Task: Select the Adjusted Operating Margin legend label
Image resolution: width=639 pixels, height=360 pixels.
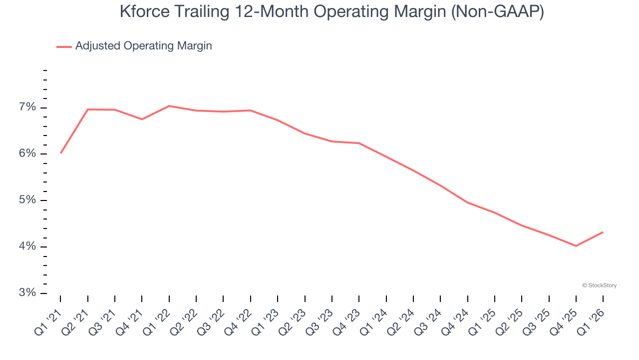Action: [143, 46]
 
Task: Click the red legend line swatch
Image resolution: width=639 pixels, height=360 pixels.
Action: [64, 46]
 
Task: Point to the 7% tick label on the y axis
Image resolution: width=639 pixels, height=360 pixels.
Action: [28, 107]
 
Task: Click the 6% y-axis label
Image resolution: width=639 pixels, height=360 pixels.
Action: [28, 154]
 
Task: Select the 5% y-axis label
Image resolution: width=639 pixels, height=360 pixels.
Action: [28, 200]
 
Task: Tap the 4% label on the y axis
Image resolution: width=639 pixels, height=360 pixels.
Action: [28, 246]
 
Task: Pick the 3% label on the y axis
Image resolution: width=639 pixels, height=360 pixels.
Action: [28, 293]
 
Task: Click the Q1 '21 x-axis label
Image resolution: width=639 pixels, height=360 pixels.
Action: [49, 320]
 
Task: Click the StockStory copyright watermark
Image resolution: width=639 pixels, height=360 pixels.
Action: [599, 285]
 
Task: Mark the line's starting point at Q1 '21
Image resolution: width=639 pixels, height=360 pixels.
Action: [60, 153]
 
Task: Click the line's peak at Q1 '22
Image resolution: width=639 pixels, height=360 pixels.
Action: [169, 106]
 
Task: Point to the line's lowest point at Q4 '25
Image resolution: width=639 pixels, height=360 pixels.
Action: [576, 246]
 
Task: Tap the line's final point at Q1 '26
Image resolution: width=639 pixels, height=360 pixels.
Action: [603, 232]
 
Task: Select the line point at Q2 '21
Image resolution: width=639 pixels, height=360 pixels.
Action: [88, 109]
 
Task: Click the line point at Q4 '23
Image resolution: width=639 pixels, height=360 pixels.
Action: [359, 143]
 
